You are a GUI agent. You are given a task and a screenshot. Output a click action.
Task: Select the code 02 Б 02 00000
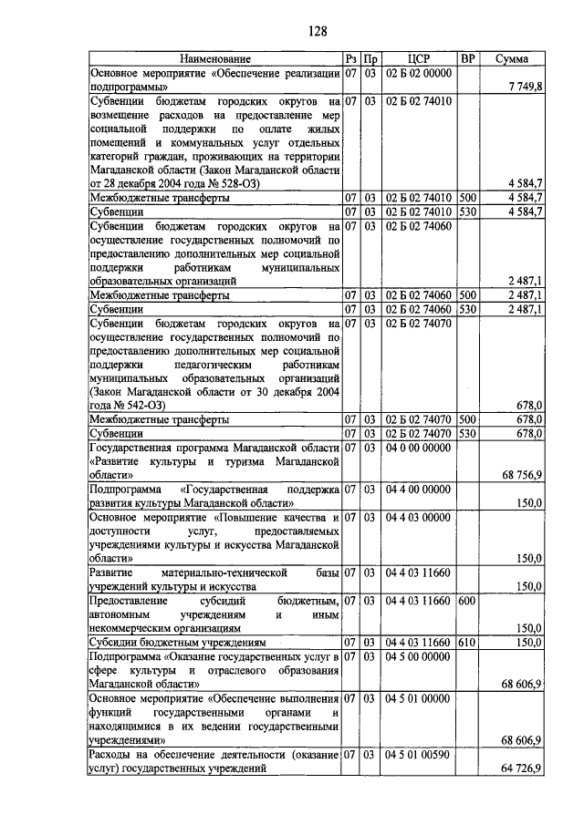click(x=419, y=72)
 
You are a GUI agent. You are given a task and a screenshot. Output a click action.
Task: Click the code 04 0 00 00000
click(x=419, y=448)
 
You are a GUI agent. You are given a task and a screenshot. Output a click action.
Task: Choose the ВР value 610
click(x=467, y=643)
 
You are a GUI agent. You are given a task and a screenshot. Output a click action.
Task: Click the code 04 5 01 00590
click(x=419, y=755)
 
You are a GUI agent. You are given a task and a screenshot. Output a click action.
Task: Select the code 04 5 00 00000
click(x=419, y=656)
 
